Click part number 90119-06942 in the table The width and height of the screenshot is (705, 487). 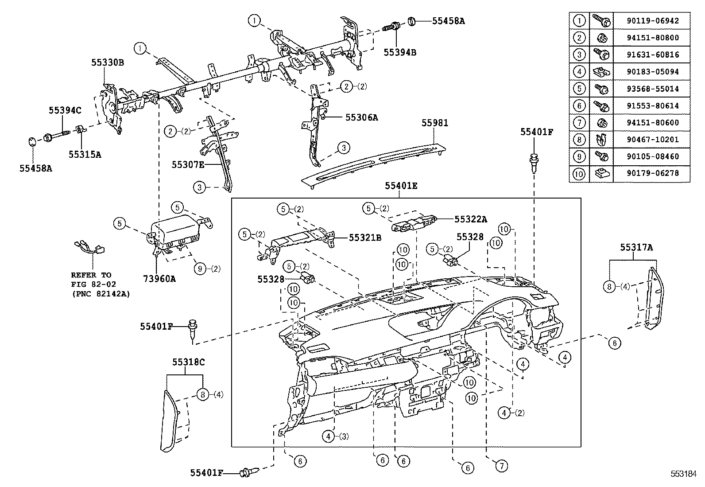pyautogui.click(x=652, y=21)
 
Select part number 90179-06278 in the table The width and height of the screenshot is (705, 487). pyautogui.click(x=652, y=173)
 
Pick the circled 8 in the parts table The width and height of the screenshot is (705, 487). pyautogui.click(x=579, y=140)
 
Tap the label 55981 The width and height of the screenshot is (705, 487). pyautogui.click(x=434, y=123)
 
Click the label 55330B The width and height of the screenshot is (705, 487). pyautogui.click(x=108, y=62)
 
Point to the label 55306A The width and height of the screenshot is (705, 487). pyautogui.click(x=361, y=117)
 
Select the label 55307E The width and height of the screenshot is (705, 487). pyautogui.click(x=188, y=165)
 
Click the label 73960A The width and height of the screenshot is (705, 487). pyautogui.click(x=159, y=279)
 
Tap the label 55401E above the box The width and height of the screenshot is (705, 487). pyautogui.click(x=401, y=186)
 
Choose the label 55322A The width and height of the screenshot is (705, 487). pyautogui.click(x=471, y=219)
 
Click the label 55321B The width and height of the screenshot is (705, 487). pyautogui.click(x=365, y=238)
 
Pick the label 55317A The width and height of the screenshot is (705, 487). pyautogui.click(x=636, y=248)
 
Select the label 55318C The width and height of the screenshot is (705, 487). pyautogui.click(x=188, y=362)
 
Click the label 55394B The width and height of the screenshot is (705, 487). pyautogui.click(x=400, y=52)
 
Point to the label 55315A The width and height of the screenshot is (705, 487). pyautogui.click(x=85, y=154)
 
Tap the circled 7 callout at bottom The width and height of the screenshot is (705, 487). pyautogui.click(x=501, y=466)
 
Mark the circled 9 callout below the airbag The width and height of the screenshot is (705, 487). pyautogui.click(x=200, y=268)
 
